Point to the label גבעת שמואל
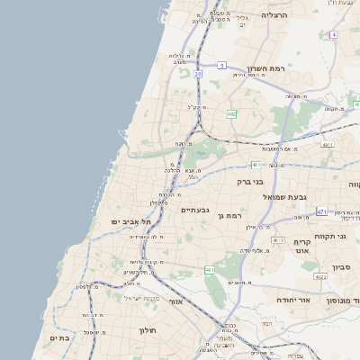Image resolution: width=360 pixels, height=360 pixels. click(x=285, y=196)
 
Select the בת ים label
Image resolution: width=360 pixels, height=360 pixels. click(x=59, y=338)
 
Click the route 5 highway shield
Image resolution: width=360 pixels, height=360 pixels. click(x=221, y=65)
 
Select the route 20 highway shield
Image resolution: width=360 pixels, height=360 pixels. click(x=197, y=75)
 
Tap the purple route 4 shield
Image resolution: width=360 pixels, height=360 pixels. click(x=332, y=34)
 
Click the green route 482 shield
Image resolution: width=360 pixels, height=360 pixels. click(x=232, y=114)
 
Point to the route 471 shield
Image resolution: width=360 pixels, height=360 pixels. click(x=321, y=212)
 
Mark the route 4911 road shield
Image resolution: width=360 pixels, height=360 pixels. click(x=328, y=144)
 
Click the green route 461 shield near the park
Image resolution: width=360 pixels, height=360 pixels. click(x=209, y=270)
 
